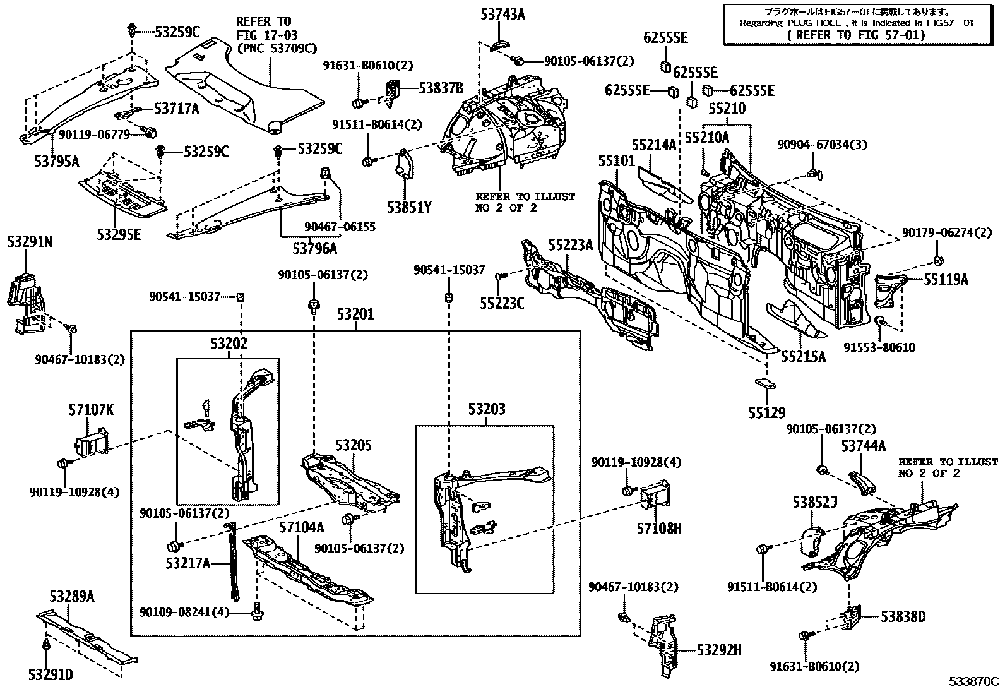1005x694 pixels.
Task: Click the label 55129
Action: point(767,413)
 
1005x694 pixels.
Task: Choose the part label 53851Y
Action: point(408,206)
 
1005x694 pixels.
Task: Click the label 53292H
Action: point(719,649)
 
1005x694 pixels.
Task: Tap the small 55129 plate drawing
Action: point(764,383)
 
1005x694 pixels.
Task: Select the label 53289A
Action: point(72,597)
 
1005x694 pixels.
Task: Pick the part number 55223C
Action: point(501,304)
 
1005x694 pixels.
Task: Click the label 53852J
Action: point(815,502)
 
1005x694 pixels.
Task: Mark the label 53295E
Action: point(119,235)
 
